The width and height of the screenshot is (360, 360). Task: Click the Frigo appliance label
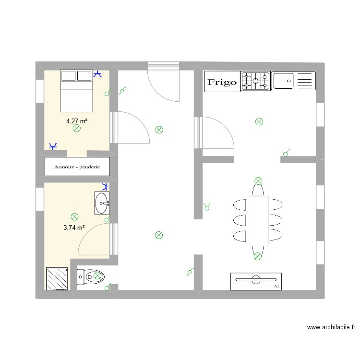click(x=222, y=82)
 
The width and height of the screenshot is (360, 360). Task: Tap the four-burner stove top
click(x=255, y=81)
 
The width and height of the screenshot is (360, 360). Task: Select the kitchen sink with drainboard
click(x=293, y=81)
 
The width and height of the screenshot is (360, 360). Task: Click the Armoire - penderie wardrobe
click(x=77, y=167)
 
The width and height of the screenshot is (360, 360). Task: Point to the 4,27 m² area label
click(x=77, y=121)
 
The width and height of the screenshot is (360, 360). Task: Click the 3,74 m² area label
click(x=74, y=228)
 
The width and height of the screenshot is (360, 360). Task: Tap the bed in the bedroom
click(x=77, y=90)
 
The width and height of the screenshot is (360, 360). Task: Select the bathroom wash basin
click(x=102, y=203)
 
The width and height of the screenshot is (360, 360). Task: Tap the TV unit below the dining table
click(x=256, y=281)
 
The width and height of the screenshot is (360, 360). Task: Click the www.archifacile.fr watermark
click(x=331, y=327)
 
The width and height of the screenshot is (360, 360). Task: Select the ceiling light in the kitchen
click(x=259, y=122)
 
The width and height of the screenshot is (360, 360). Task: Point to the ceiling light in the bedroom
click(x=76, y=129)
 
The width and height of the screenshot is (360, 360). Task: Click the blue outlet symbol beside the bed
click(x=98, y=74)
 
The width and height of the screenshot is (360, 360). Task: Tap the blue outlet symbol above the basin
click(x=106, y=187)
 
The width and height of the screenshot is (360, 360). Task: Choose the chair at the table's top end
click(x=258, y=190)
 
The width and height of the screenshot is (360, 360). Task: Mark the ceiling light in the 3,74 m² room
click(x=74, y=217)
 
